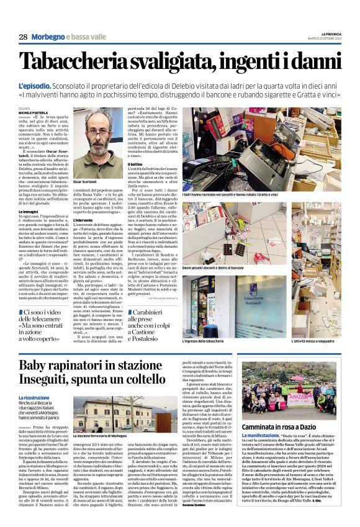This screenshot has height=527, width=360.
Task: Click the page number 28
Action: click(x=23, y=37)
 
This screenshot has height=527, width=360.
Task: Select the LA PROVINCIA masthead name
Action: click(x=326, y=32)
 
